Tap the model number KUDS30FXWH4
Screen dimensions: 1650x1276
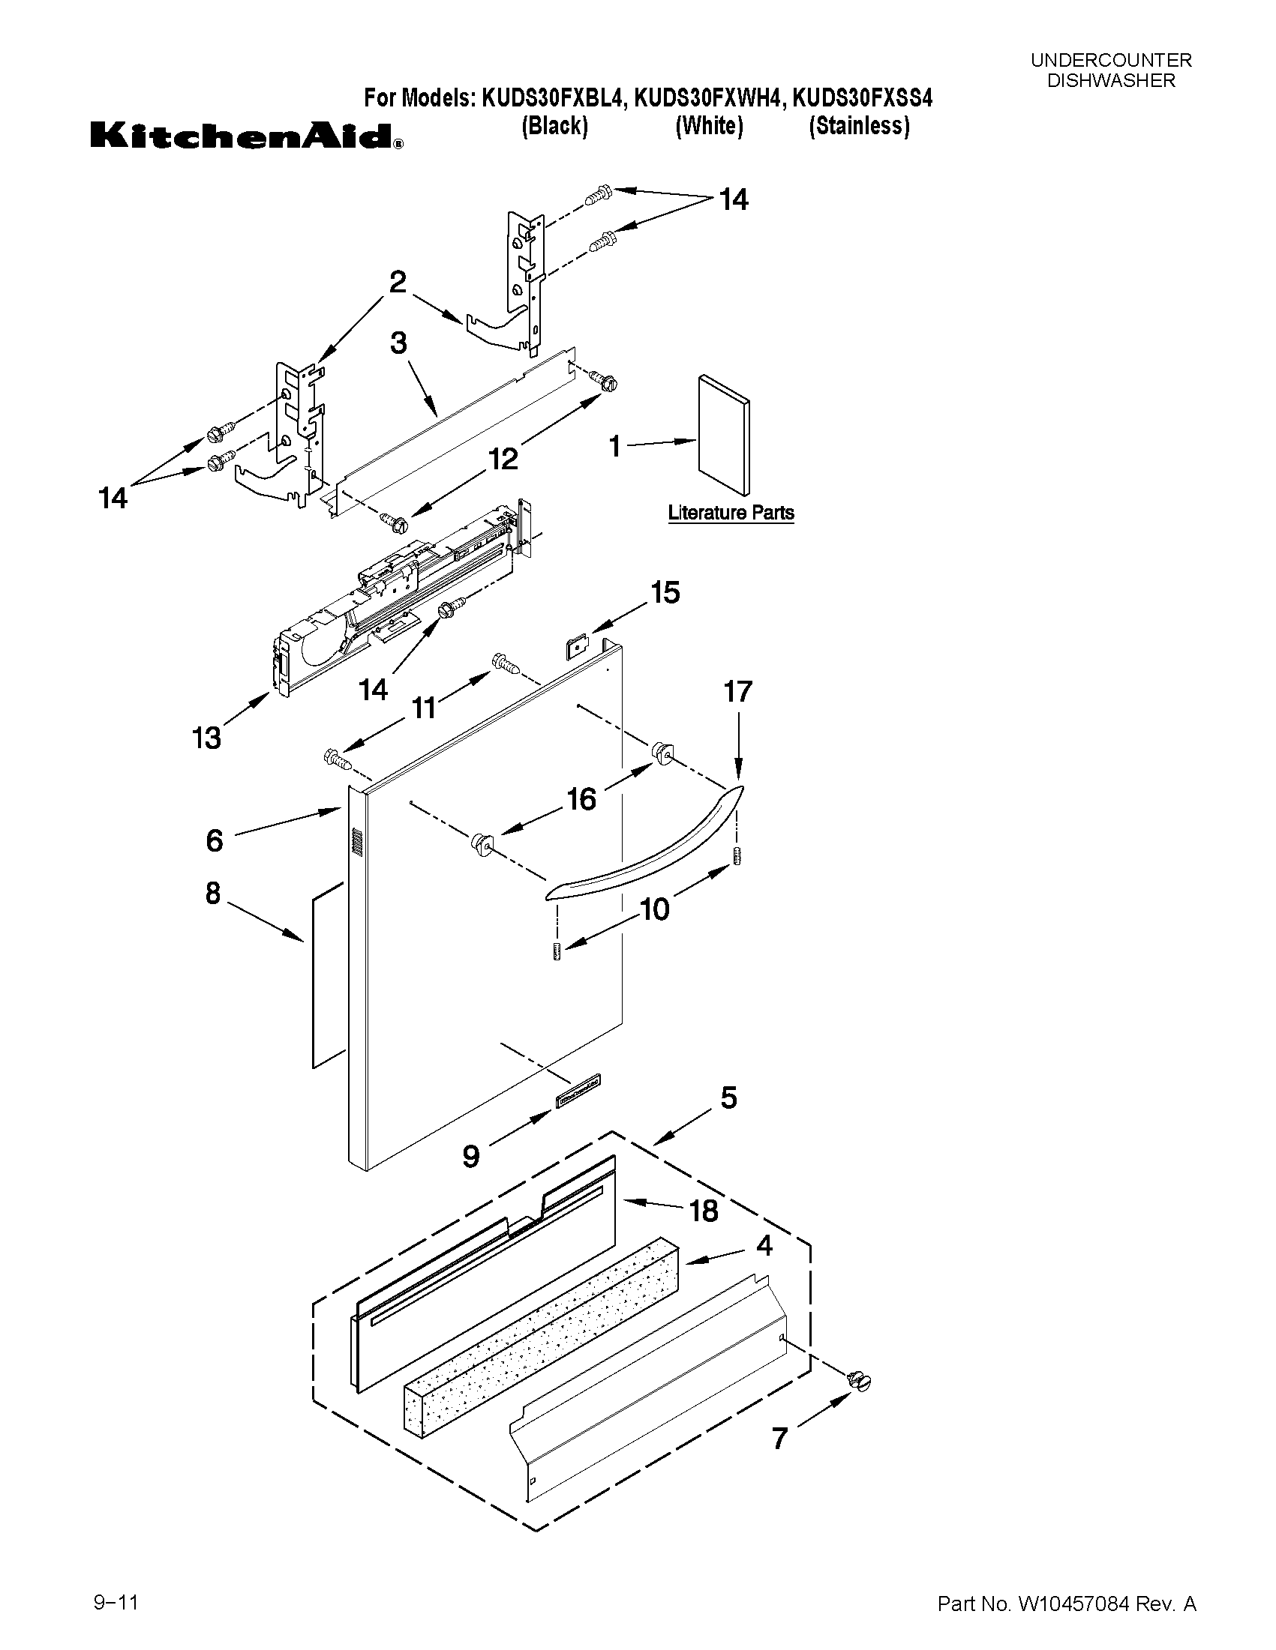(707, 98)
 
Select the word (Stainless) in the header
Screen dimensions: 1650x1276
(860, 126)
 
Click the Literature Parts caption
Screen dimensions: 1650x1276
(730, 513)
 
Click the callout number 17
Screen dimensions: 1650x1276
(738, 691)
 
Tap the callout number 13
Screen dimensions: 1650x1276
(206, 738)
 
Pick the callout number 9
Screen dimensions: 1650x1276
(471, 1156)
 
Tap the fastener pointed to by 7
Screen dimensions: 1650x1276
(860, 1382)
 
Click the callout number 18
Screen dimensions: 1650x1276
(703, 1211)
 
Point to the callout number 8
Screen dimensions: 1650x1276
(213, 893)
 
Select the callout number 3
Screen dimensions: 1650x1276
(398, 343)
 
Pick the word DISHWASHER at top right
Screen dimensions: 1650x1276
(1110, 81)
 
